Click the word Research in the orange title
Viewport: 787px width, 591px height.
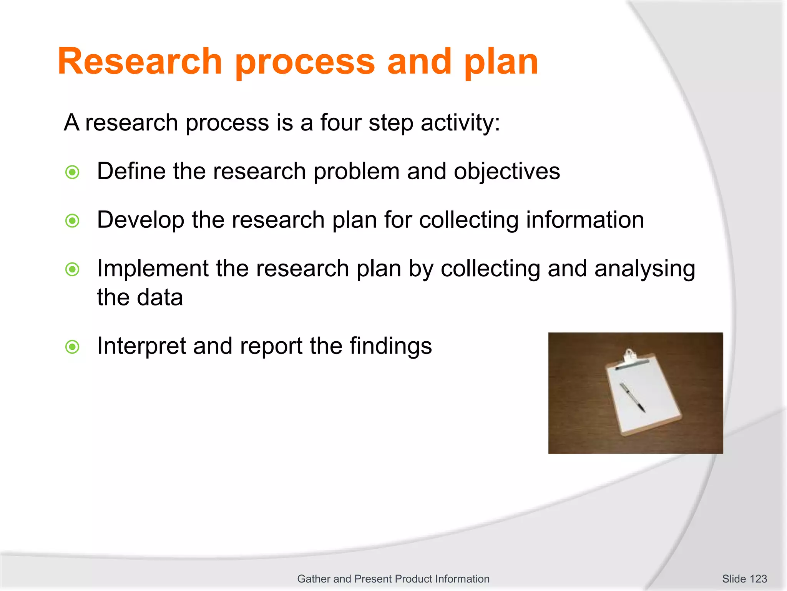(x=140, y=62)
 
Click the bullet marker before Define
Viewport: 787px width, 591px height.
(x=72, y=172)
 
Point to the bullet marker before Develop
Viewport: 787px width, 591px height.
(x=72, y=221)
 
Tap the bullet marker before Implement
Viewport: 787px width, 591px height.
(x=72, y=269)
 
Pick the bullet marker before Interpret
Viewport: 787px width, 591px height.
(x=72, y=347)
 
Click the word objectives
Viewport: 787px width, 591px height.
(x=507, y=172)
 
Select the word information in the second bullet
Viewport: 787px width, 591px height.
(x=585, y=220)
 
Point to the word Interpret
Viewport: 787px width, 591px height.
(x=141, y=346)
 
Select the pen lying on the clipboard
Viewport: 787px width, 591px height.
(x=632, y=397)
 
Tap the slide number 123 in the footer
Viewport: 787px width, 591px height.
(x=758, y=579)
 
